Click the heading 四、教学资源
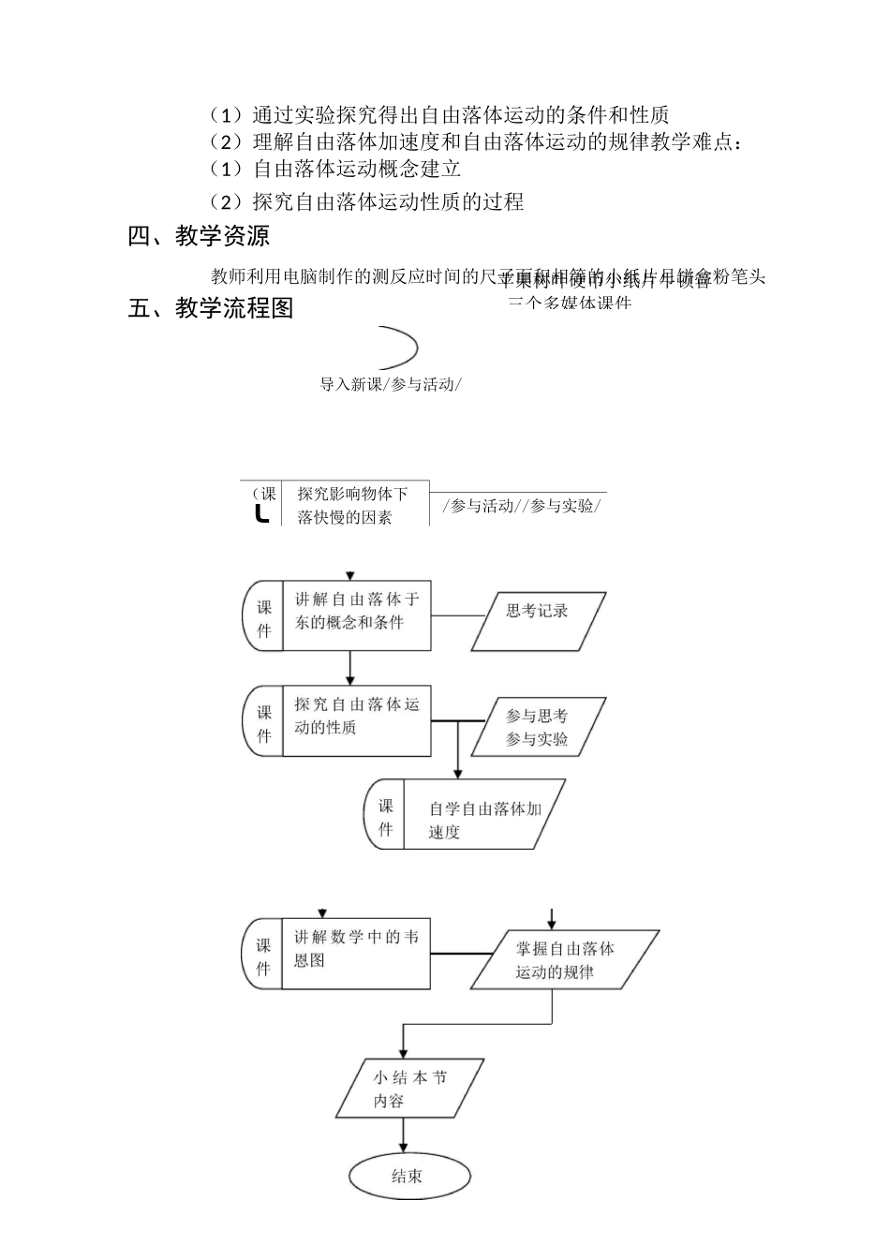199,236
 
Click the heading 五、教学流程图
211,308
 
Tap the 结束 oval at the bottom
408,1177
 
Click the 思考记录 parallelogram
538,620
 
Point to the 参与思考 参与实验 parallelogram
537,728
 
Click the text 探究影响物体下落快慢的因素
353,505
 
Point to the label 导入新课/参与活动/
391,384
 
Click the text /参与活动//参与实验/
522,506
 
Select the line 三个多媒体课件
570,303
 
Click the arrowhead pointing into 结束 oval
404,1148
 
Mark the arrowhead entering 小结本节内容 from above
404,1054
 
